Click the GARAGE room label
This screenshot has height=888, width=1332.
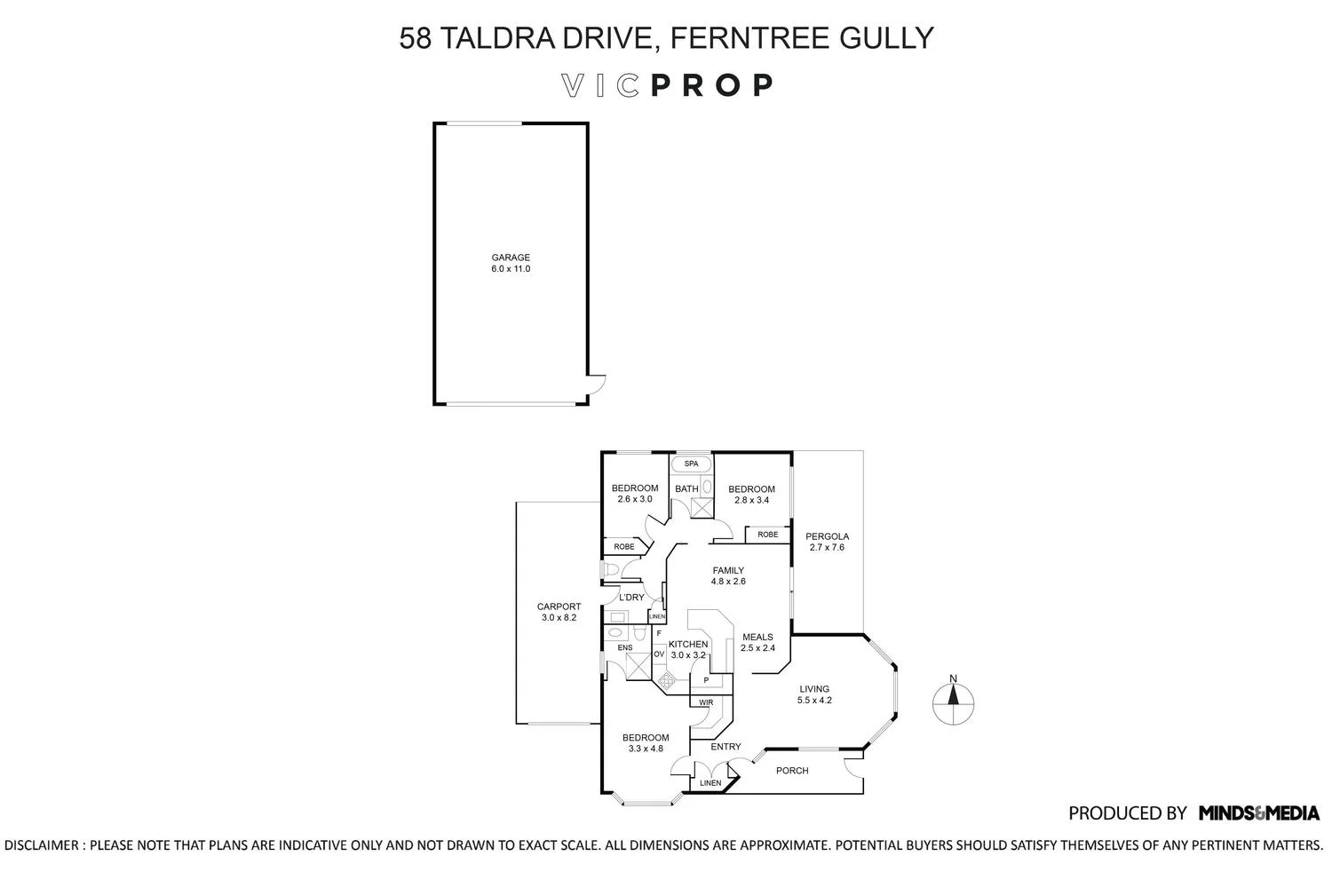coord(511,258)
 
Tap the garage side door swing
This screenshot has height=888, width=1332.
coord(597,385)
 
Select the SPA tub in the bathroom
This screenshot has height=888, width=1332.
coord(691,464)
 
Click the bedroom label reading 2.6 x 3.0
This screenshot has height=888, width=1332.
coord(635,499)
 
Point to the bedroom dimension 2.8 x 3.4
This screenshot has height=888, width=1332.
coord(751,500)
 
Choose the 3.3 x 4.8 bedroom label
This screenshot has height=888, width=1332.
coord(646,749)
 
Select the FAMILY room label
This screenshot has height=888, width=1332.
coord(728,571)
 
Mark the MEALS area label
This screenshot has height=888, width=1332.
coord(757,637)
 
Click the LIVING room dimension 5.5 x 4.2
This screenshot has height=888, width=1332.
coord(814,700)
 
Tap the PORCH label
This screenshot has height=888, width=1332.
coord(792,771)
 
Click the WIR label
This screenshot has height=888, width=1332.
coord(706,702)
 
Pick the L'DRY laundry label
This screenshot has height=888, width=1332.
coord(631,598)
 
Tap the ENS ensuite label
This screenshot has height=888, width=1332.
coord(625,647)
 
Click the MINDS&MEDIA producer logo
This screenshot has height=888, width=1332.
coord(1258,813)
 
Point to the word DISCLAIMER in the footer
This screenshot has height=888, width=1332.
coord(42,845)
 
